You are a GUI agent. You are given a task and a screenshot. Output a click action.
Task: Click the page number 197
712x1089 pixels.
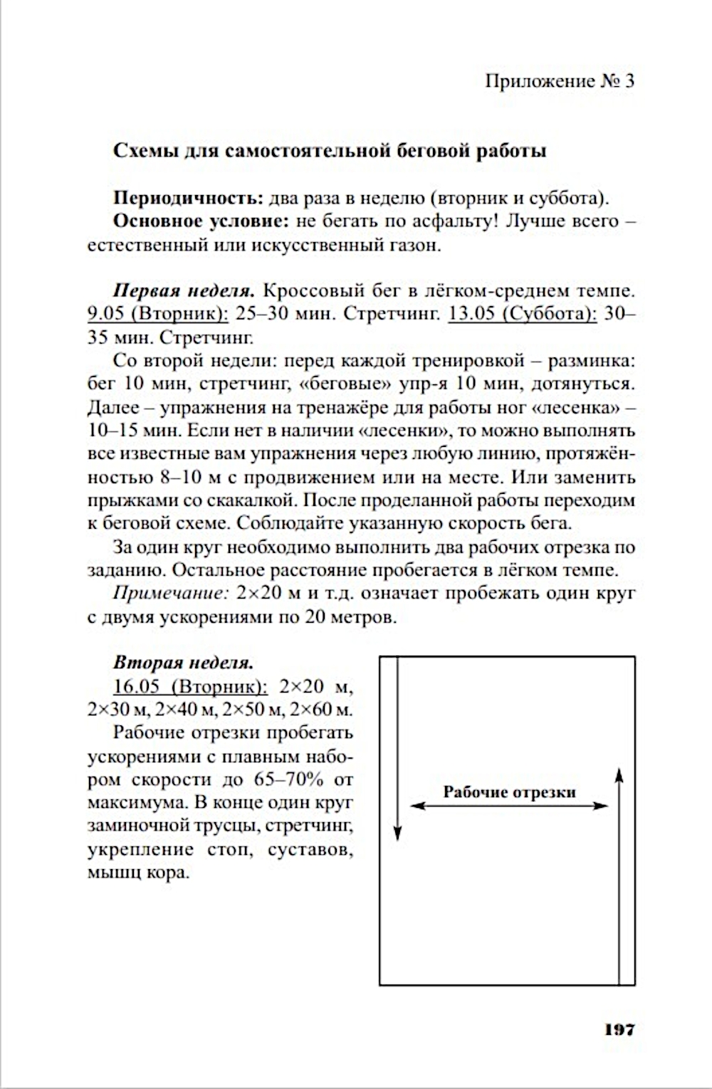619,1028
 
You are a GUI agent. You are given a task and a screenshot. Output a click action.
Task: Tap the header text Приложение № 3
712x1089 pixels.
559,81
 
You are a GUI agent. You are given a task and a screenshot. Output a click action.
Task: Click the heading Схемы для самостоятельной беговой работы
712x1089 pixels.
330,151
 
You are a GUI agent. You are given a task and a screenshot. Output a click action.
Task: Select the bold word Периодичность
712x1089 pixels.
189,197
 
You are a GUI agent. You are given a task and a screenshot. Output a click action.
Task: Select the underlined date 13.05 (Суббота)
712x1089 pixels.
523,314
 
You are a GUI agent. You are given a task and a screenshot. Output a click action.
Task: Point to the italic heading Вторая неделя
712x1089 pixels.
183,663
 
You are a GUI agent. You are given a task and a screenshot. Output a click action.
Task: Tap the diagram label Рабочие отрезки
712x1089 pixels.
509,791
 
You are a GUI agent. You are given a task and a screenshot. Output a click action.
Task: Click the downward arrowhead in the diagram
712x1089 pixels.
398,833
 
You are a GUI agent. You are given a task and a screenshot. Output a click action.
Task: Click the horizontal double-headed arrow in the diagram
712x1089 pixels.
510,806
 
